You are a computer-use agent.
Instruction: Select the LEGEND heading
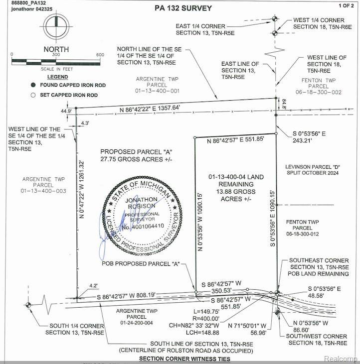click(57, 77)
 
